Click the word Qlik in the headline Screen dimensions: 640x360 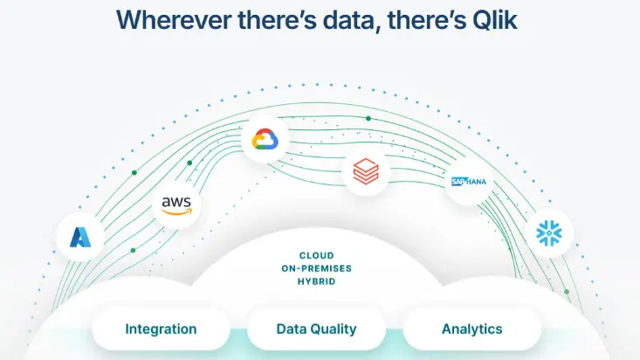(495, 19)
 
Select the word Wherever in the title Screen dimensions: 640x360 (173, 19)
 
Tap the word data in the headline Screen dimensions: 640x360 (351, 20)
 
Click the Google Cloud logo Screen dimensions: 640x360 (265, 139)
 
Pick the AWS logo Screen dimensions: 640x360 (176, 205)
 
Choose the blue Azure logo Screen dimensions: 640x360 (80, 237)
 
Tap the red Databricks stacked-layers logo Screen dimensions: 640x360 (366, 171)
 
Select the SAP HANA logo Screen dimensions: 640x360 (469, 182)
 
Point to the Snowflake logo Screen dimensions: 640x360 (549, 233)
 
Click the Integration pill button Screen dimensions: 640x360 (161, 329)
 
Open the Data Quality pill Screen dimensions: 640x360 (316, 329)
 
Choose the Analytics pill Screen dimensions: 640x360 (471, 329)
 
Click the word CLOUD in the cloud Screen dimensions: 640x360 (316, 255)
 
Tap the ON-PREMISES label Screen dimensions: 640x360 (316, 268)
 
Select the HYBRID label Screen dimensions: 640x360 (316, 281)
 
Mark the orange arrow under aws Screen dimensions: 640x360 (176, 211)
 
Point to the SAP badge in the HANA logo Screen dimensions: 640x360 (459, 182)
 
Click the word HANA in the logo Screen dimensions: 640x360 (477, 182)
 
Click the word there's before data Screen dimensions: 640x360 (277, 19)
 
